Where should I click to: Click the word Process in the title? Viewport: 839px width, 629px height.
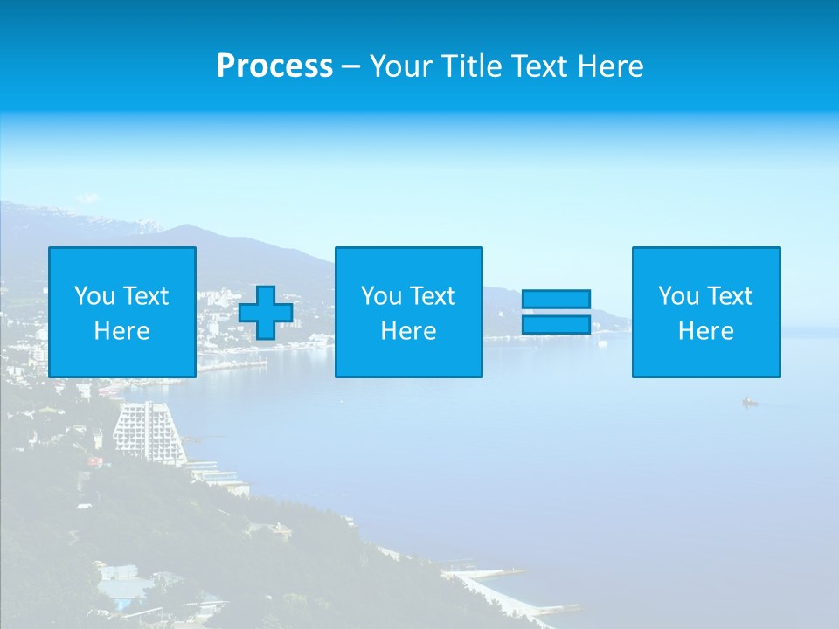click(x=274, y=66)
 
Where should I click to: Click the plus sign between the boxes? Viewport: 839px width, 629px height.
click(x=266, y=313)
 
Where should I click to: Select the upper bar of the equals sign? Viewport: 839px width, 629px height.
click(x=556, y=299)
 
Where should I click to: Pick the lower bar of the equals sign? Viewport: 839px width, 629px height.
click(x=556, y=325)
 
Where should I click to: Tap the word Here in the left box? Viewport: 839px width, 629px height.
click(x=121, y=331)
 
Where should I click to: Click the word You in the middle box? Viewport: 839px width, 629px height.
click(x=381, y=296)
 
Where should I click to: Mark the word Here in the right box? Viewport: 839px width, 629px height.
click(x=705, y=331)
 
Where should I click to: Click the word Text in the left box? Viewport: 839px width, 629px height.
click(x=146, y=296)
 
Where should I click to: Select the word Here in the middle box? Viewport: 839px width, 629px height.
click(x=408, y=331)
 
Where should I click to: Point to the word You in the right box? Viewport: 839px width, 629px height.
click(x=678, y=296)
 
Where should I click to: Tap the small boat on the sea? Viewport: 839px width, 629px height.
click(x=750, y=402)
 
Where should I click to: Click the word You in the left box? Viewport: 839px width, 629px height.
click(x=94, y=296)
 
